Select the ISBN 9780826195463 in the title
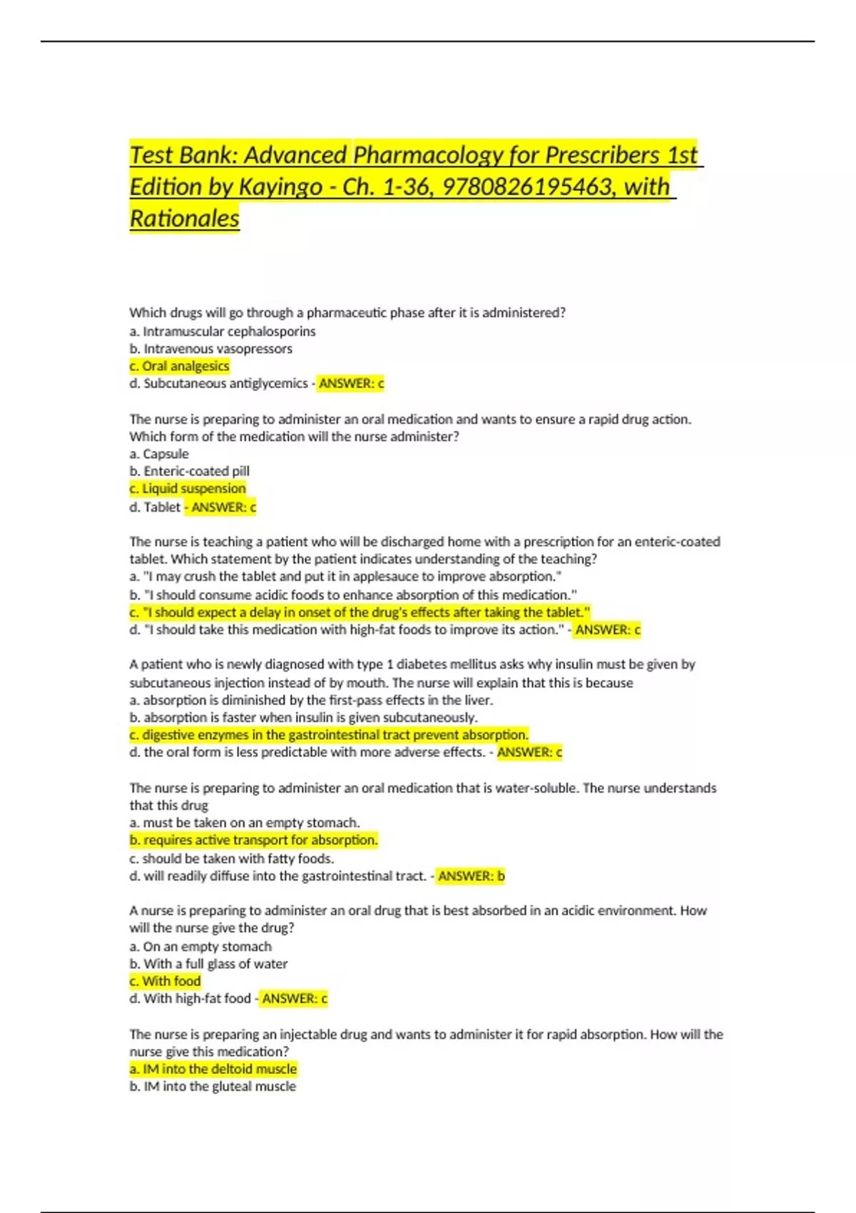pos(529,187)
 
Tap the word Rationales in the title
pos(184,218)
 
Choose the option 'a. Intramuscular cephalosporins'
pos(223,331)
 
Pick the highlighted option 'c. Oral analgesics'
pos(180,366)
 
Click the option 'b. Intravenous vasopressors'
pos(211,349)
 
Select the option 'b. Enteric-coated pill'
pos(190,471)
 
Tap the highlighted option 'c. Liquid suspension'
pos(188,489)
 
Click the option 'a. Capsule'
pos(159,454)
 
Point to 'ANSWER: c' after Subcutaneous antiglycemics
pos(351,384)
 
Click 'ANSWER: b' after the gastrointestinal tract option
pos(471,876)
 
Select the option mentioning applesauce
pos(345,577)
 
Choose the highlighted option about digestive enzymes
pos(329,735)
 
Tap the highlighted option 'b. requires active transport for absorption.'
pos(253,841)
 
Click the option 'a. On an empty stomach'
pos(200,947)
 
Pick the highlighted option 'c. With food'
pos(165,982)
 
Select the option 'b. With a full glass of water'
pos(208,964)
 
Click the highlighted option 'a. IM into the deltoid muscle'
pos(213,1069)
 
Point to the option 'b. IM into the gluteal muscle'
pos(213,1087)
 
